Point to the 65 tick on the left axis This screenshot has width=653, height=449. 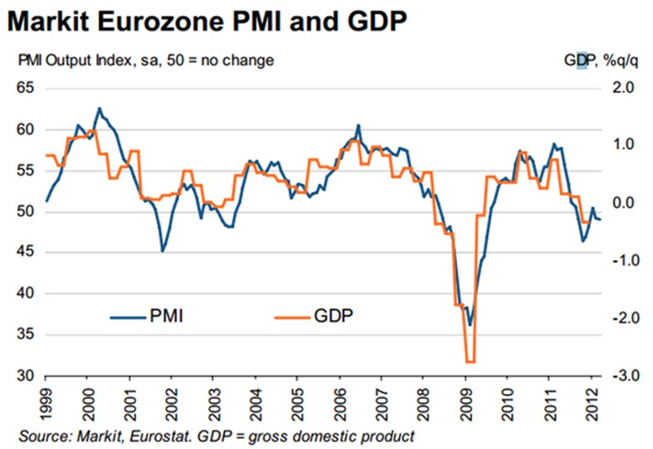(x=25, y=88)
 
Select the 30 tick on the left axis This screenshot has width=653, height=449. (x=25, y=376)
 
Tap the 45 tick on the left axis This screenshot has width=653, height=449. (x=25, y=253)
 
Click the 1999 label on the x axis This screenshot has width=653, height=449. (x=46, y=404)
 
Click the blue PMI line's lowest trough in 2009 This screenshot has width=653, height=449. (x=470, y=325)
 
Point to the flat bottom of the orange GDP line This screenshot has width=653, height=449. (x=470, y=361)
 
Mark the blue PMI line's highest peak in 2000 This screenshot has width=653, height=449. (x=100, y=108)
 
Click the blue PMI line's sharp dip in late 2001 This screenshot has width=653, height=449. (x=163, y=250)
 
